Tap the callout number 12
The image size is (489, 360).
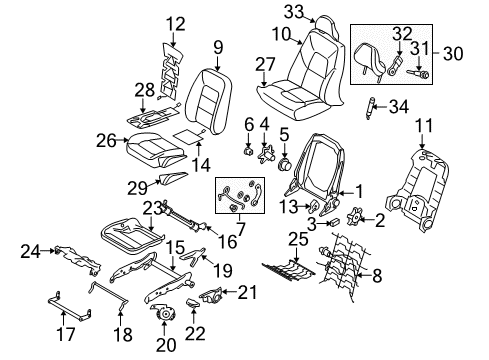[176, 22]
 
